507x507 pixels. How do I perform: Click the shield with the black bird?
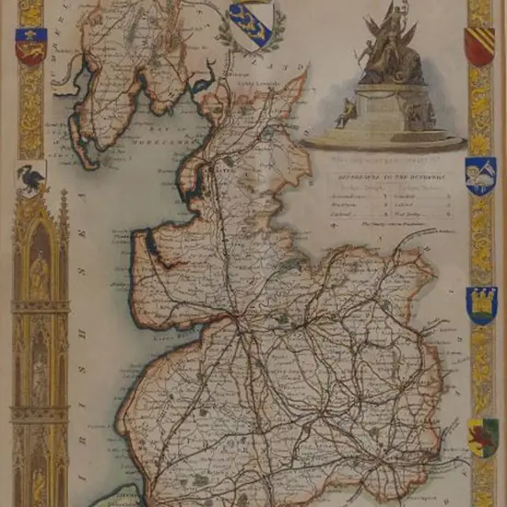31,178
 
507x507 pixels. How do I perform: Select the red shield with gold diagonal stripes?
479,46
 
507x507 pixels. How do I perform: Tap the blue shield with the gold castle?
481,305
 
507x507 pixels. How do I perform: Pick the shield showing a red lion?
482,436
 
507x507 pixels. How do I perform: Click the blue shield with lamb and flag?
480,174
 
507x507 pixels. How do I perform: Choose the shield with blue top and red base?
30,46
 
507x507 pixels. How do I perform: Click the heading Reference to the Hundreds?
383,171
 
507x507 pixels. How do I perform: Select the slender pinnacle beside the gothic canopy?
64,221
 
